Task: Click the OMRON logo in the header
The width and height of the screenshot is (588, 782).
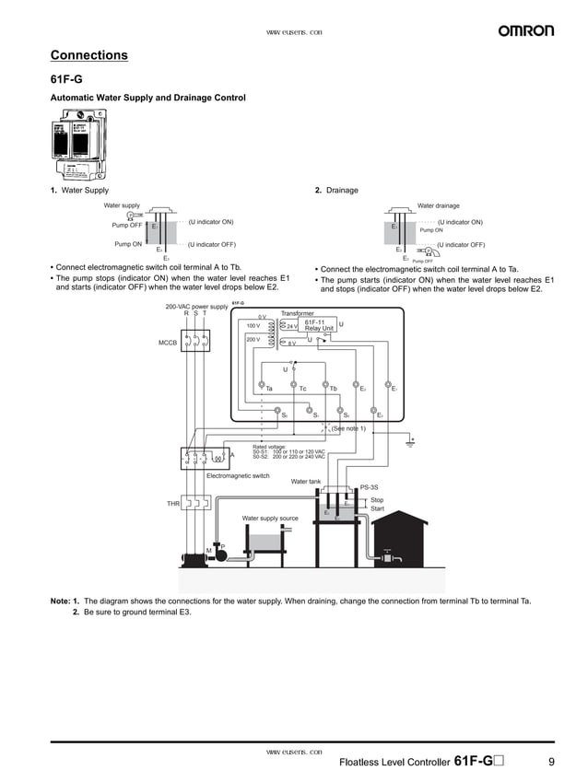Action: point(526,30)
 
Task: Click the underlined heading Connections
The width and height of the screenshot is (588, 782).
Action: point(88,55)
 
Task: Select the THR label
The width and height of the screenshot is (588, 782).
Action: point(172,504)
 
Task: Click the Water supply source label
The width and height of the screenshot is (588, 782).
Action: point(270,519)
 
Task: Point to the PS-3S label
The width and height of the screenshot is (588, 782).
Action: point(369,486)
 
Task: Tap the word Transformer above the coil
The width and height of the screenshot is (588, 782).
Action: point(298,313)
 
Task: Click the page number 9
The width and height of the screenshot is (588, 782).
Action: point(550,762)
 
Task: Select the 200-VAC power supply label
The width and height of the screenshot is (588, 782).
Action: point(196,306)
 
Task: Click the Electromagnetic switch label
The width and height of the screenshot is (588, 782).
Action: point(238,475)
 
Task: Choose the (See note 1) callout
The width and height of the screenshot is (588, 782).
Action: point(348,428)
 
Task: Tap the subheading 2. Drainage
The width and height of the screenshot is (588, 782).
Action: point(336,191)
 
